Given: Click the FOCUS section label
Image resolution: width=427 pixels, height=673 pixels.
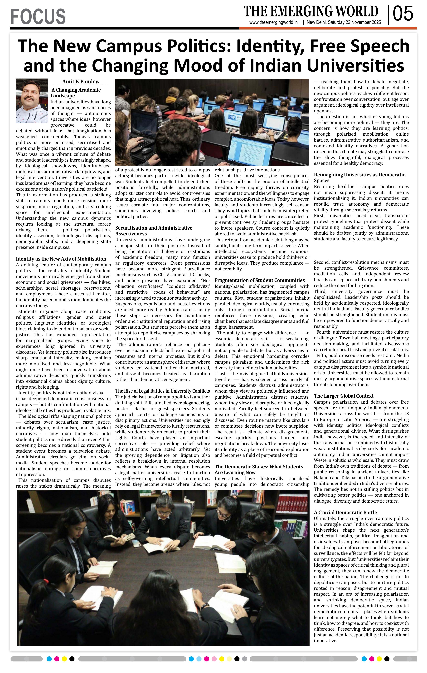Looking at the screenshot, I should pyautogui.click(x=38, y=16).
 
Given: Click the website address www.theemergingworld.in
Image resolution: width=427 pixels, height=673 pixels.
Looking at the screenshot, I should pyautogui.click(x=273, y=23).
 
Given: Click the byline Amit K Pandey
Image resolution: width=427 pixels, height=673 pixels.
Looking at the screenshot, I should pyautogui.click(x=80, y=82).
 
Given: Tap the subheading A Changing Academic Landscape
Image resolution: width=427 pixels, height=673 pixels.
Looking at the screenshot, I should pyautogui.click(x=76, y=93).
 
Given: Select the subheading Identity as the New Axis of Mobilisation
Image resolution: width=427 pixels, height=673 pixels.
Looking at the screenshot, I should pyautogui.click(x=61, y=259).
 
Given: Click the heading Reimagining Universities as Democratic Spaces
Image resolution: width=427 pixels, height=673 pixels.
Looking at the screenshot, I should pyautogui.click(x=359, y=178).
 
